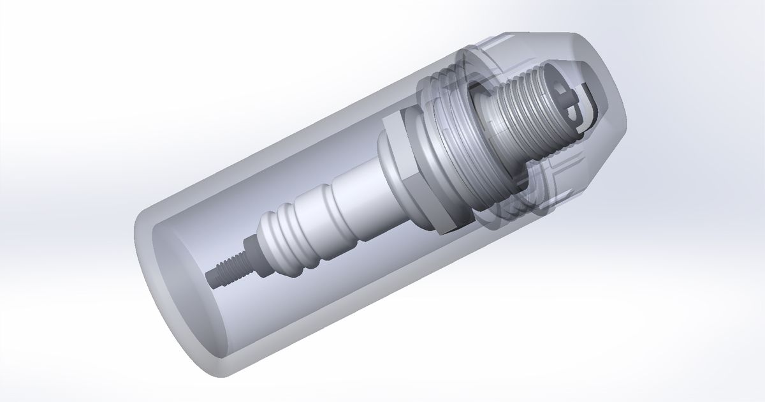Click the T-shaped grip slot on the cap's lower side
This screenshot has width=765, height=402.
coord(555,175)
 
